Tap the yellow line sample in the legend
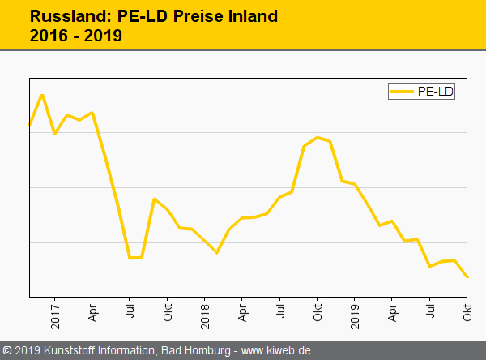pyautogui.click(x=403, y=92)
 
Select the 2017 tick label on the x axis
pyautogui.click(x=55, y=315)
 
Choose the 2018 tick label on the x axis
pyautogui.click(x=205, y=315)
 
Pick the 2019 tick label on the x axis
pyautogui.click(x=355, y=315)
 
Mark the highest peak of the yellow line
pyautogui.click(x=42, y=95)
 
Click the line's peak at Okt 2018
pyautogui.click(x=317, y=137)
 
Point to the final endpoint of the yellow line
pyautogui.click(x=467, y=277)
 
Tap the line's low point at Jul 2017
pyautogui.click(x=130, y=258)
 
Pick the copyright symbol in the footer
pyautogui.click(x=7, y=350)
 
